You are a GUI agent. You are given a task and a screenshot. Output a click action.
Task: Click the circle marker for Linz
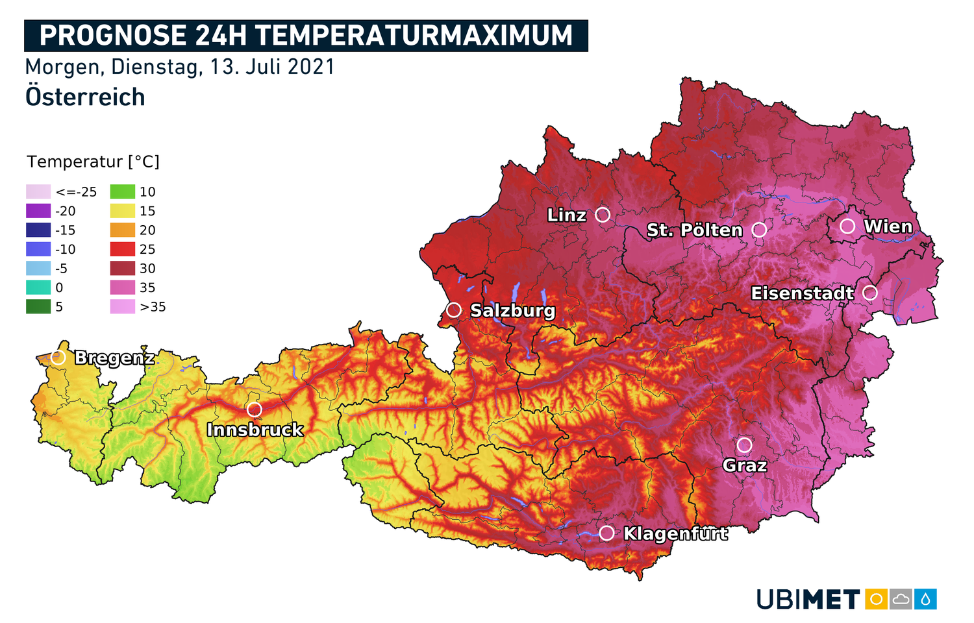pos(603,214)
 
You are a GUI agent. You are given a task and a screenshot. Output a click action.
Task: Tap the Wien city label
pos(888,226)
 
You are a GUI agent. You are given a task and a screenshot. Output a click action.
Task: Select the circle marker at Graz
pos(744,445)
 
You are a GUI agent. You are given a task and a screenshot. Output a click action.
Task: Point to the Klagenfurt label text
pos(675,533)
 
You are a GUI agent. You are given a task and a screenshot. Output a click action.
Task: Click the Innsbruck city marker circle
pos(255,409)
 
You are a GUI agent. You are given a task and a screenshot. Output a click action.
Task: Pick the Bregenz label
pos(114,358)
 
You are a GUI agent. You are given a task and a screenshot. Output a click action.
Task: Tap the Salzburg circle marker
pos(454,310)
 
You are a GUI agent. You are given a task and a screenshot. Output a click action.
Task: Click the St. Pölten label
pos(694,230)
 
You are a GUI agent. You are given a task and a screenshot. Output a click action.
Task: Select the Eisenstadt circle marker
pos(870,293)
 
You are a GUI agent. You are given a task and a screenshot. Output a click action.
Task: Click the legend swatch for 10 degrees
pos(123,191)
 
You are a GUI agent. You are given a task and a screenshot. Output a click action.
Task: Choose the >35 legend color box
pos(123,307)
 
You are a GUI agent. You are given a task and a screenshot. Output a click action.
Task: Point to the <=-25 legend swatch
pos(38,191)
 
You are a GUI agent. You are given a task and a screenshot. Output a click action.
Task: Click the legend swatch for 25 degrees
pos(123,249)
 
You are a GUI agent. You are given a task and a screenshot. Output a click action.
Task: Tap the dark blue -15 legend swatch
pos(38,230)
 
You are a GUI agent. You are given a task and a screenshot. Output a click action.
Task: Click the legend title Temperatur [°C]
pos(93,162)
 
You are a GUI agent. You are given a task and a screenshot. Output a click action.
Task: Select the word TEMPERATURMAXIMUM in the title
pos(414,36)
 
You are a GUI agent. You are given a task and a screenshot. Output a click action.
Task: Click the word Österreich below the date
pos(85,97)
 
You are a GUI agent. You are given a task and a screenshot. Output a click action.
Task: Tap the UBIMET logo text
pos(808,600)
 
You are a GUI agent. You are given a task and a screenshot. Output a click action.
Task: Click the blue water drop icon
pos(925,599)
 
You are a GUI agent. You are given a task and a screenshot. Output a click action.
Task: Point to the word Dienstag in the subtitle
pos(156,67)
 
